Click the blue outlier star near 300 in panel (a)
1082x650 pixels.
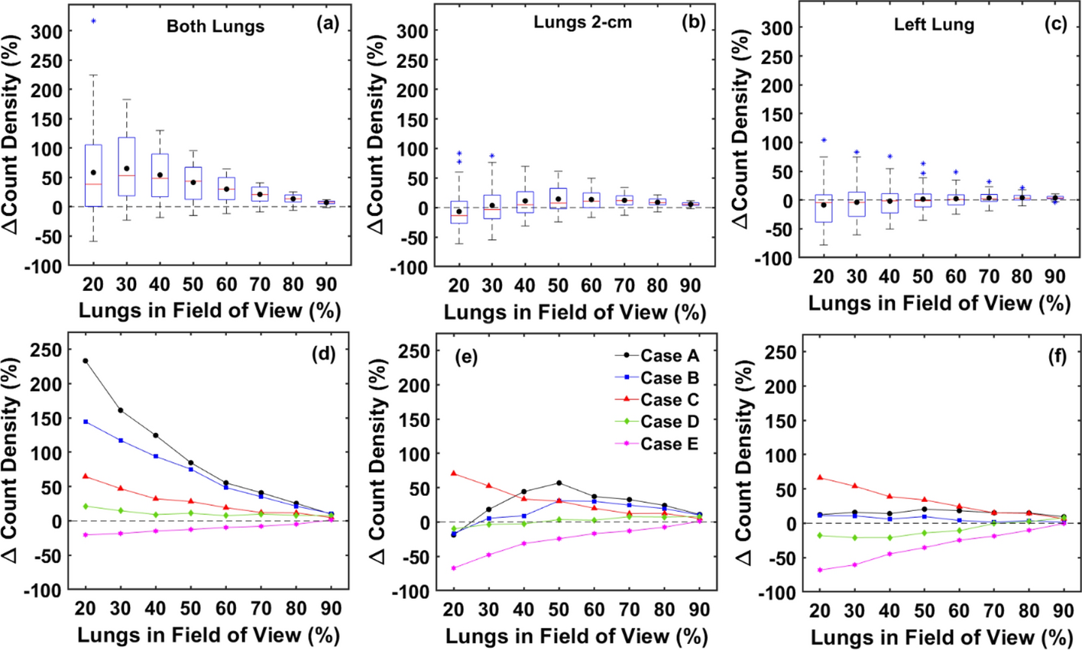pos(93,21)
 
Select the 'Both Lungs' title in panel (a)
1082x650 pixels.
pos(215,26)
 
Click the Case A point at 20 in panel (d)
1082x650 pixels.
pos(86,361)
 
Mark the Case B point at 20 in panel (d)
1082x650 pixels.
pos(86,422)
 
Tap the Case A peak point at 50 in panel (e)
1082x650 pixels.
pos(559,483)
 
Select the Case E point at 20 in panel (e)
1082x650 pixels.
pos(453,568)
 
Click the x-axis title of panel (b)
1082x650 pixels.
pos(575,312)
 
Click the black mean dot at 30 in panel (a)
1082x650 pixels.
pos(127,169)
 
